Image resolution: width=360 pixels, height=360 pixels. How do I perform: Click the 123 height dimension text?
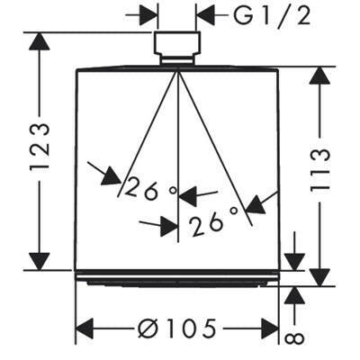tap(40, 147)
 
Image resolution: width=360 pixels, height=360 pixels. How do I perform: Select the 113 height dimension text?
tap(320, 171)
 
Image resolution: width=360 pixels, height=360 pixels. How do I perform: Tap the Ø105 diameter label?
tap(177, 328)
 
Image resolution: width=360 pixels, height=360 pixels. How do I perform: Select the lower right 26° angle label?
tap(213, 220)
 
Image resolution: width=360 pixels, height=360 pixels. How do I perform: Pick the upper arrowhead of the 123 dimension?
tap(40, 41)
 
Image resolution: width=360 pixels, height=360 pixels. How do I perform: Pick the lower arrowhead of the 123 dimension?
tap(40, 261)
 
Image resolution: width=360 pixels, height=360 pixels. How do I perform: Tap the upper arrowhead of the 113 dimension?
tap(320, 76)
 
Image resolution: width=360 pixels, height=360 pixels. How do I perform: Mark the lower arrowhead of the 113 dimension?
tap(320, 277)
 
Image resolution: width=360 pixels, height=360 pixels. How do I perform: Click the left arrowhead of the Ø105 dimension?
tap(85, 328)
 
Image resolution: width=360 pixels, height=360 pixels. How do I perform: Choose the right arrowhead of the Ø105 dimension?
tap(270, 328)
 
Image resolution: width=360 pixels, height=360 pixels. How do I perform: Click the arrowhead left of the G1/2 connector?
tap(148, 14)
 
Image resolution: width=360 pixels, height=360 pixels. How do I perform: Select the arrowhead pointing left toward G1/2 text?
tap(205, 14)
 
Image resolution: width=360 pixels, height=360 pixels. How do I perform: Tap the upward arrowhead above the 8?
tap(295, 296)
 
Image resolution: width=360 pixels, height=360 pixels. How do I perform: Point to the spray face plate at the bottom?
tap(177, 278)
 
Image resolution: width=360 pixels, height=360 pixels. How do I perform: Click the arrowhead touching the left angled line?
tap(112, 176)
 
